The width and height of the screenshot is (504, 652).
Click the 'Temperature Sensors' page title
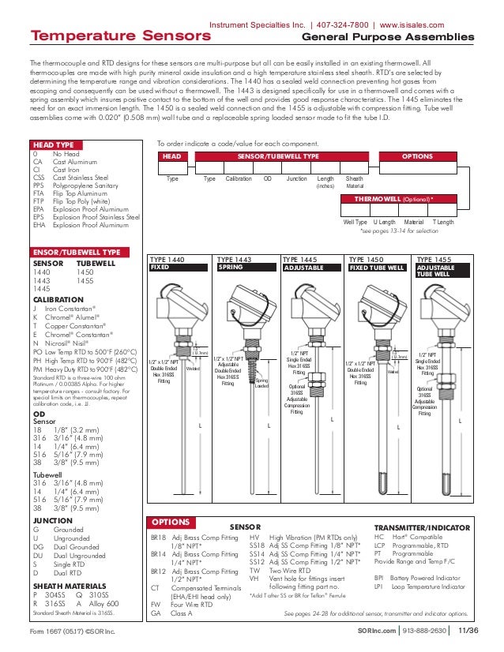tap(96, 36)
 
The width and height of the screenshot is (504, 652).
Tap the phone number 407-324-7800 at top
tap(348, 24)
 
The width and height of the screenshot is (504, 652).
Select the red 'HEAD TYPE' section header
tap(55, 145)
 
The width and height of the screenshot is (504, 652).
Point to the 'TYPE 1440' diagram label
tap(167, 259)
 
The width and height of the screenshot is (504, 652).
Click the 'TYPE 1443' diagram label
tap(234, 259)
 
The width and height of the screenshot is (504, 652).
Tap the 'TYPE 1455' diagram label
tap(434, 259)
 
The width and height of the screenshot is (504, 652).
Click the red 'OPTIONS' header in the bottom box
tap(171, 522)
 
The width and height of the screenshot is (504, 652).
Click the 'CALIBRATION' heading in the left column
tap(58, 299)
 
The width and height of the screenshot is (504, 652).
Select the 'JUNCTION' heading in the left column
tap(52, 521)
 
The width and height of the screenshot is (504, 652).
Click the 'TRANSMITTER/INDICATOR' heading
tap(422, 527)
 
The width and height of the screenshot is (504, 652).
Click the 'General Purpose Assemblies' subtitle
tap(389, 37)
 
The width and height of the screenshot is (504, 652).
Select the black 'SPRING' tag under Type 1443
tap(231, 268)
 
